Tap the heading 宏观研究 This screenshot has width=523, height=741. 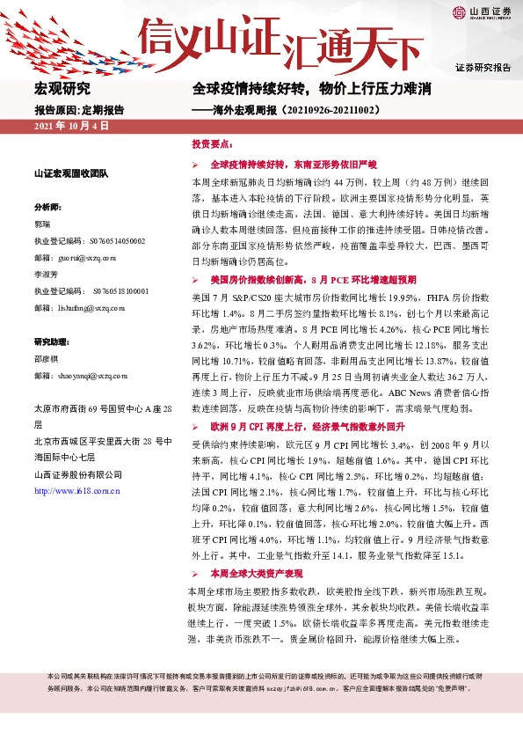(62, 89)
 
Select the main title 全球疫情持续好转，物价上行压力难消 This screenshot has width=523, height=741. (312, 89)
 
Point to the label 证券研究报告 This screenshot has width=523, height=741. (483, 67)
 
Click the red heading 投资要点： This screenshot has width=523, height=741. (211, 143)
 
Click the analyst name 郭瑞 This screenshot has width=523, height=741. (43, 224)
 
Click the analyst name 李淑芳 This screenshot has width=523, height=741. (47, 274)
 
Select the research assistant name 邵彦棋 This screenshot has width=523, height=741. (47, 358)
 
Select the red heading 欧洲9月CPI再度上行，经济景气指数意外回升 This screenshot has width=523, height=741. (307, 426)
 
